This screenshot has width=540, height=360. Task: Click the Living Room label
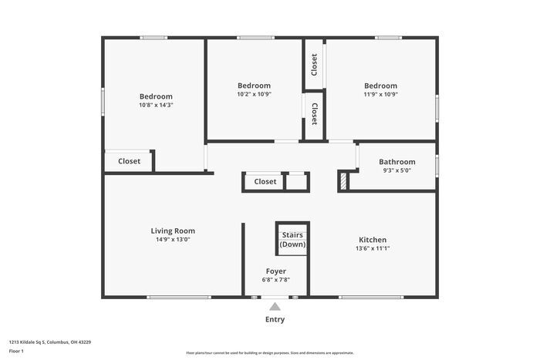pos(173,230)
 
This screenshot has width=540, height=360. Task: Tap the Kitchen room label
pos(373,240)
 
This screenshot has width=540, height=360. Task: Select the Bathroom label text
pos(397,162)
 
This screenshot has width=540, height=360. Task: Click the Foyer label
pos(276,271)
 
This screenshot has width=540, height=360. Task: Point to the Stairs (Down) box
pos(292,239)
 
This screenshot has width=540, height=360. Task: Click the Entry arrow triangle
pos(275,307)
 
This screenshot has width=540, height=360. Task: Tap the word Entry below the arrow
pos(275,319)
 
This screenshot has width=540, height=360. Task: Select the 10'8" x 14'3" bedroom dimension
pos(156,105)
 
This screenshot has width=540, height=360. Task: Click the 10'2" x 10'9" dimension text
pos(254,94)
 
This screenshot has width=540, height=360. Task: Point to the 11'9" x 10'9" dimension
pos(380,94)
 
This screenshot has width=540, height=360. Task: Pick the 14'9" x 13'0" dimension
pos(173,240)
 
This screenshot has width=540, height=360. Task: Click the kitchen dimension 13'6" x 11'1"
pos(373,248)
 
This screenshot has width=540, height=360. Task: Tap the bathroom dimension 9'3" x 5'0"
pos(397,170)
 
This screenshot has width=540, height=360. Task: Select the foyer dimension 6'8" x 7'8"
pos(276,280)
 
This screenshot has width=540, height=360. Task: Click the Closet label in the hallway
pos(265,182)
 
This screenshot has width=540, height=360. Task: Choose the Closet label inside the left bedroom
pos(129,161)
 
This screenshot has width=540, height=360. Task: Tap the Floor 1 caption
pos(16,352)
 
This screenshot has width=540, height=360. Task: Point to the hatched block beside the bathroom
pos(343,181)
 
